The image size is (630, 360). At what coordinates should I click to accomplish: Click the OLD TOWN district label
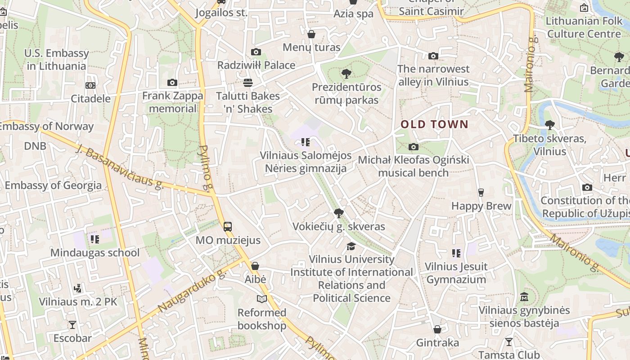click(x=434, y=125)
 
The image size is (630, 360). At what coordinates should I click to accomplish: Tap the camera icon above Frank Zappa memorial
click(x=172, y=82)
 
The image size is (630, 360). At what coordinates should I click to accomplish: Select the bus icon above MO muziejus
click(x=228, y=226)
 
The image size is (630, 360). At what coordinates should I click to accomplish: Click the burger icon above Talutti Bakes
click(x=247, y=82)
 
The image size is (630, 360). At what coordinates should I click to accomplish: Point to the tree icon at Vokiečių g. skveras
click(x=338, y=213)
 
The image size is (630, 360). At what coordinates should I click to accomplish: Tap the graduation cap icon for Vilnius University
click(x=351, y=246)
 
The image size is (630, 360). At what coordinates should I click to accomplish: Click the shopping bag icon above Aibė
click(x=255, y=266)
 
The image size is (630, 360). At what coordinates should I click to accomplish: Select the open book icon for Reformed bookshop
click(x=261, y=299)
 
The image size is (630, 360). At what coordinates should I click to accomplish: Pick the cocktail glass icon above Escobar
click(x=72, y=324)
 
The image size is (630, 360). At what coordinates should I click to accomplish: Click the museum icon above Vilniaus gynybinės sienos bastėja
click(x=524, y=297)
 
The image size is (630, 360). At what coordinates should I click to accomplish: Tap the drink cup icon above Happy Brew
click(x=481, y=193)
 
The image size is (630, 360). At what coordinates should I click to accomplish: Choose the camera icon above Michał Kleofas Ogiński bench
click(x=413, y=147)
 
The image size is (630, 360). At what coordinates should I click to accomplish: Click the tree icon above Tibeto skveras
click(x=549, y=125)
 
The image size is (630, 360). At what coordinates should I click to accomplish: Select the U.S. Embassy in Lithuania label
click(x=57, y=59)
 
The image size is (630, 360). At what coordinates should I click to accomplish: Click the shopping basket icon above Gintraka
click(x=437, y=329)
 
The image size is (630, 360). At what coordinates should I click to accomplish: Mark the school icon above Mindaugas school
click(x=94, y=239)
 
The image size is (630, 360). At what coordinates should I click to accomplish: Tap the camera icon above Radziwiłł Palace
click(x=256, y=52)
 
